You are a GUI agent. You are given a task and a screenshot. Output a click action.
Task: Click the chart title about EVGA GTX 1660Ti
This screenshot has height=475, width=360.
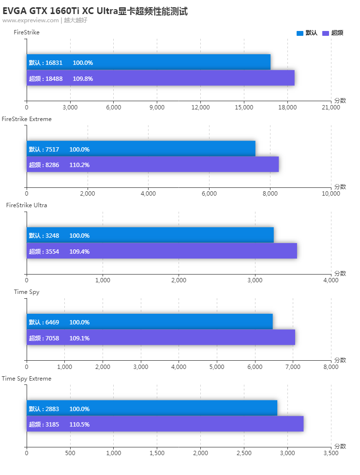click(x=95, y=11)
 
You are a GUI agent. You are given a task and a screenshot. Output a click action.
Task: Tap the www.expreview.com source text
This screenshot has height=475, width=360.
click(x=30, y=20)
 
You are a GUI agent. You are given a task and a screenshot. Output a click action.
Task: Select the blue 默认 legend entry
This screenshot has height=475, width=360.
click(x=307, y=33)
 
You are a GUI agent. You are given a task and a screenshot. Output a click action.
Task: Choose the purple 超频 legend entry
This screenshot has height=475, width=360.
click(x=333, y=33)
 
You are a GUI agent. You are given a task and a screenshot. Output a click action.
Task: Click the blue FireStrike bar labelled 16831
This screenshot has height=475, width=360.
click(x=148, y=62)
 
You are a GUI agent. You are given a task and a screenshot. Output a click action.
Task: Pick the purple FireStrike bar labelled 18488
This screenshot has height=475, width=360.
click(x=160, y=78)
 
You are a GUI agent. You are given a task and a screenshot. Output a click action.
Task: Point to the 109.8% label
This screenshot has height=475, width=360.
click(x=83, y=78)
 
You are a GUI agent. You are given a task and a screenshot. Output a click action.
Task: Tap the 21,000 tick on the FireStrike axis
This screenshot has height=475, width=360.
click(x=331, y=107)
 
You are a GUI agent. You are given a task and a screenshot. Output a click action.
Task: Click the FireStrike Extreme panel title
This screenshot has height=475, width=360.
click(x=27, y=119)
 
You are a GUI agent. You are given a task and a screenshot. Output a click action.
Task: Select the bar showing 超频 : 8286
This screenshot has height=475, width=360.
click(x=152, y=165)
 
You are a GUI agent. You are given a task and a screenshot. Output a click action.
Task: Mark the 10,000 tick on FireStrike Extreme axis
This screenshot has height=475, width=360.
click(x=331, y=194)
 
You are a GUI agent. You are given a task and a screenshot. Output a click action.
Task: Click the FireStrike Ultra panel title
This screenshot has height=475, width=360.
click(x=27, y=205)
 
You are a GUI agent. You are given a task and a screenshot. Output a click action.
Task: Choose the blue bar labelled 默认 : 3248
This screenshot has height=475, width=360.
click(x=150, y=235)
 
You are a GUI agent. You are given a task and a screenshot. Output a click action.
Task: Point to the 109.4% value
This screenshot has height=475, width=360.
click(x=79, y=251)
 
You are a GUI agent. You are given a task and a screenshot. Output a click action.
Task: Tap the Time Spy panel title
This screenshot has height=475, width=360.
click(x=27, y=291)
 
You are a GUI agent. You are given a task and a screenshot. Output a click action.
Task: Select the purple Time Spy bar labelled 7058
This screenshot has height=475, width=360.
click(x=161, y=337)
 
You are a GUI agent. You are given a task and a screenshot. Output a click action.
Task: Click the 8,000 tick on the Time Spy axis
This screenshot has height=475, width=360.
click(x=331, y=367)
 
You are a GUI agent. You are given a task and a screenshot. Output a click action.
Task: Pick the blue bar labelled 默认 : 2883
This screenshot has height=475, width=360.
click(x=152, y=408)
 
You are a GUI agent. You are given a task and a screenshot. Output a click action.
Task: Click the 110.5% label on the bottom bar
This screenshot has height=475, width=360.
click(x=79, y=424)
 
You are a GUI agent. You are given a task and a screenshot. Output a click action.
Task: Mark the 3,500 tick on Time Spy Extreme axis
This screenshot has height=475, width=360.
click(x=331, y=453)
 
